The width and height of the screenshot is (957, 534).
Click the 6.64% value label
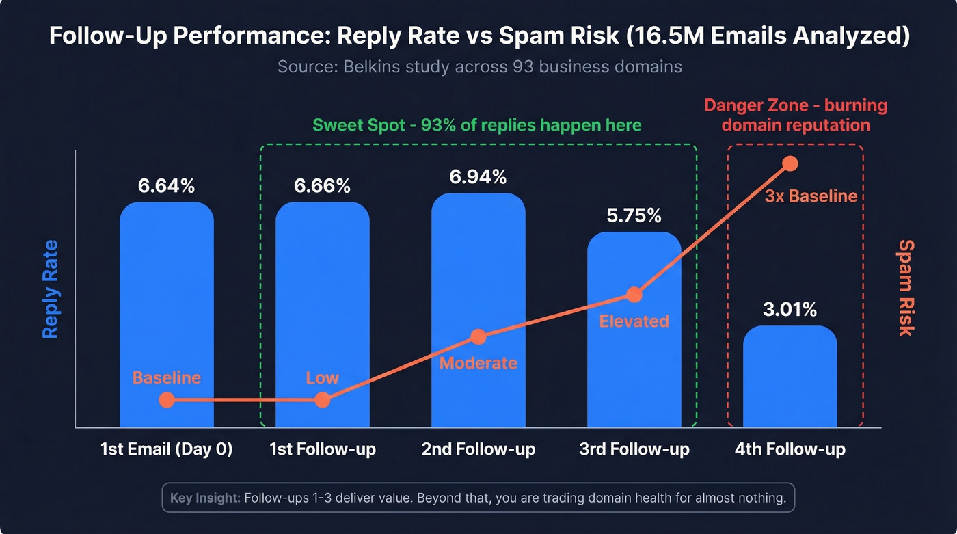click(166, 185)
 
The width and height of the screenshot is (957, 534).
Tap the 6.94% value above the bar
click(478, 176)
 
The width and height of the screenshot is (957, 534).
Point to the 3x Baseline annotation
click(811, 196)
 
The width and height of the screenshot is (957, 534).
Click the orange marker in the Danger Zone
click(790, 163)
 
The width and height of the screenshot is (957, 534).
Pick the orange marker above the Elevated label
click(634, 295)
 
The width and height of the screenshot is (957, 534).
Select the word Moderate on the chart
click(478, 362)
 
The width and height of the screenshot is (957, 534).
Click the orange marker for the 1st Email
click(166, 400)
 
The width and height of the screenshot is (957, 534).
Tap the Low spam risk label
click(322, 378)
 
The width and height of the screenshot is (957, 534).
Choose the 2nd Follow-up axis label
click(478, 449)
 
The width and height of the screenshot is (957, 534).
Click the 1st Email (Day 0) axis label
click(166, 449)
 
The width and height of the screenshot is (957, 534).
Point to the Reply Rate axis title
click(50, 289)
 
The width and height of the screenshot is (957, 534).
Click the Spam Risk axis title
click(906, 287)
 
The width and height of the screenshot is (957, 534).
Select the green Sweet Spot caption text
click(476, 125)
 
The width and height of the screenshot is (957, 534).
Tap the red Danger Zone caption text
click(796, 116)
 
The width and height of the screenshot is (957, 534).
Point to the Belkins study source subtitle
click(479, 67)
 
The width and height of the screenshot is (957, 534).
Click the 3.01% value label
click(790, 310)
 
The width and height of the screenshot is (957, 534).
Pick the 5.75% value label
click(634, 215)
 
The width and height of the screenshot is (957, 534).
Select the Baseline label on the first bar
click(166, 377)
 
